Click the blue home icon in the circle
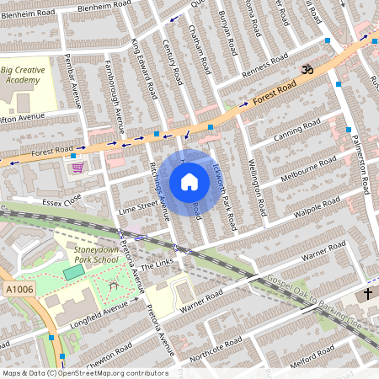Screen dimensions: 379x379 pos(189,182)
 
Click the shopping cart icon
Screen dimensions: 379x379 pos(78,167)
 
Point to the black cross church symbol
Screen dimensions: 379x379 pos(366,295)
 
